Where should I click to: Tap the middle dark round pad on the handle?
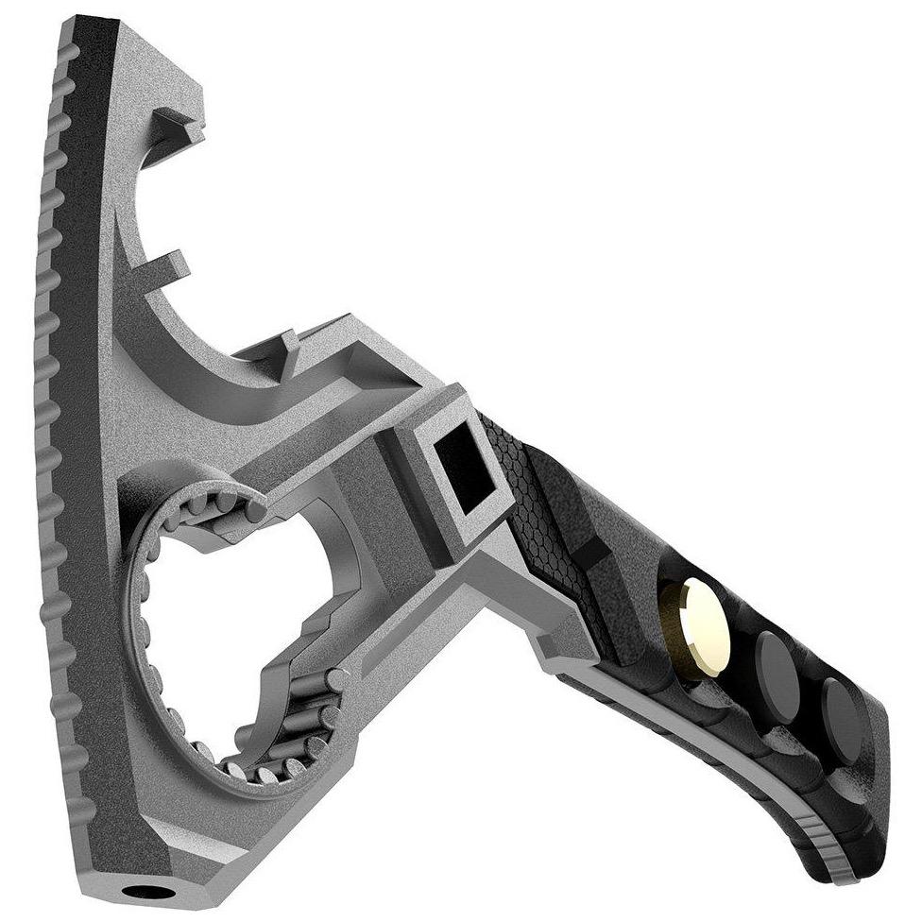[x=777, y=663]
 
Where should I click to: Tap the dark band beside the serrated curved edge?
[x=90, y=378]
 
